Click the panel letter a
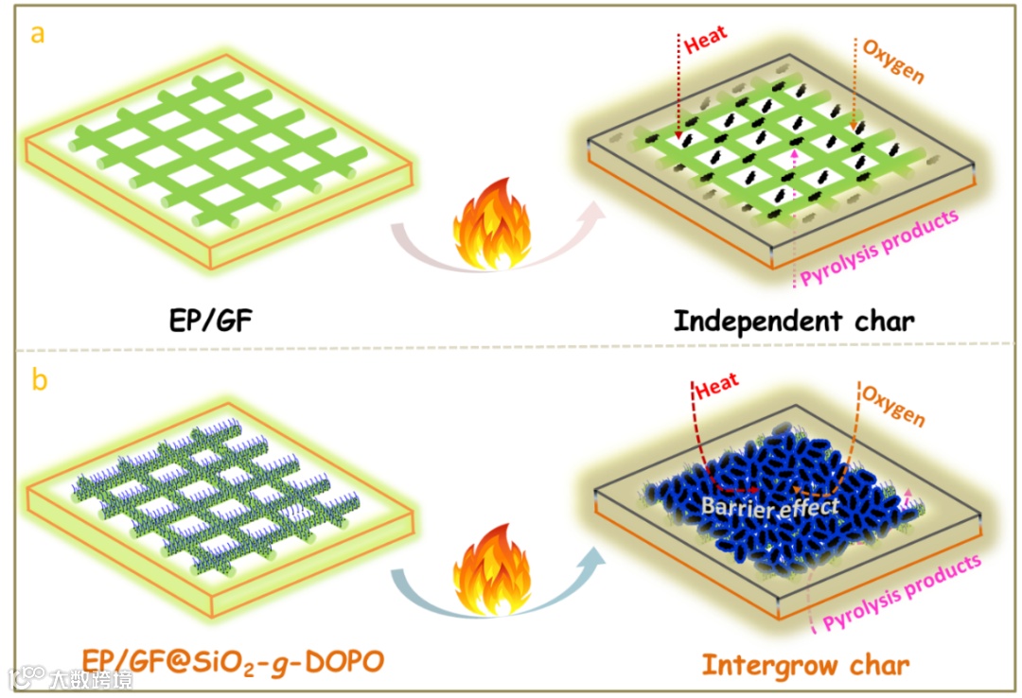(39, 35)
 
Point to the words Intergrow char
(805, 663)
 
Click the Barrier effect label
(769, 507)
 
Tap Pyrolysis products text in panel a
(879, 249)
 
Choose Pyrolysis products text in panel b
(901, 593)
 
